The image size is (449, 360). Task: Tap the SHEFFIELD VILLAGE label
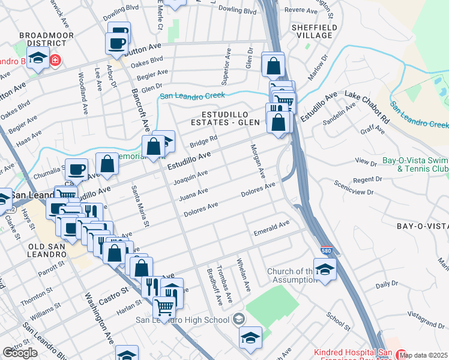pos(312,31)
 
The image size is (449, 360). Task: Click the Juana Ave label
pos(194,193)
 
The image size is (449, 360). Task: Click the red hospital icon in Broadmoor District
pos(55,60)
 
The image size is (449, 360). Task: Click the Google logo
pos(20,353)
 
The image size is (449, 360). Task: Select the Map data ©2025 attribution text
pos(424,355)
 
